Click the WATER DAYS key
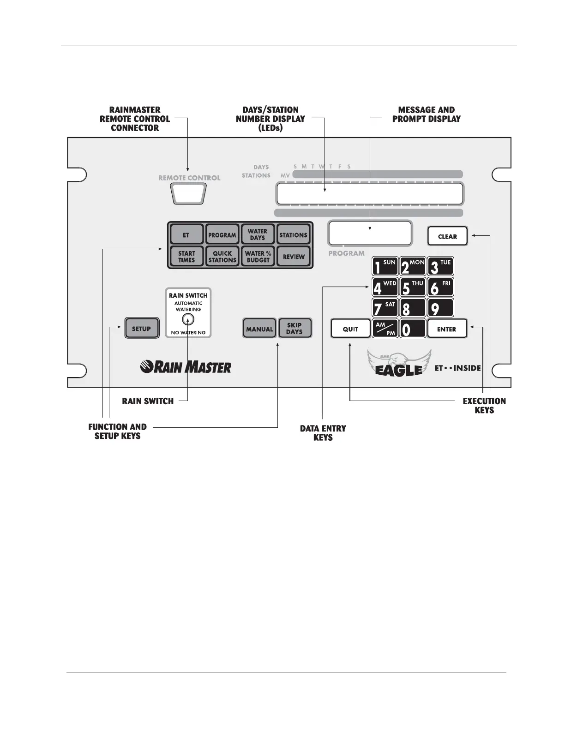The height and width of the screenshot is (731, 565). click(x=258, y=234)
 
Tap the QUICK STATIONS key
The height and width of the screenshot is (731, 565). click(x=222, y=257)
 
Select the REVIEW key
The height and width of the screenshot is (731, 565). click(x=294, y=257)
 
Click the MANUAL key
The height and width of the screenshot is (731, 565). click(x=259, y=329)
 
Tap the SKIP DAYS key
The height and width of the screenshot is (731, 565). click(x=295, y=329)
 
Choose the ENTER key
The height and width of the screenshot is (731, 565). click(x=446, y=329)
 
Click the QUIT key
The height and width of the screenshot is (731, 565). click(x=350, y=329)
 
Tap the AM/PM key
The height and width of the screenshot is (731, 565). click(x=385, y=329)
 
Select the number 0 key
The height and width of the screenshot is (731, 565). click(x=412, y=329)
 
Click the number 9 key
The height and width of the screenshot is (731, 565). click(x=440, y=308)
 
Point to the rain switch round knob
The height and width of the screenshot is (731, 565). click(x=188, y=319)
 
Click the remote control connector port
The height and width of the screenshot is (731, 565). click(x=189, y=194)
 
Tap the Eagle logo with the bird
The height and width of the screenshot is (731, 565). click(x=399, y=364)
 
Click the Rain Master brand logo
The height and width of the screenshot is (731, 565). click(x=186, y=367)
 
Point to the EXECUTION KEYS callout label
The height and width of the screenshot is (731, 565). click(x=484, y=406)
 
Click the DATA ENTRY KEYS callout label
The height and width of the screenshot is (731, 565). click(x=323, y=433)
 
